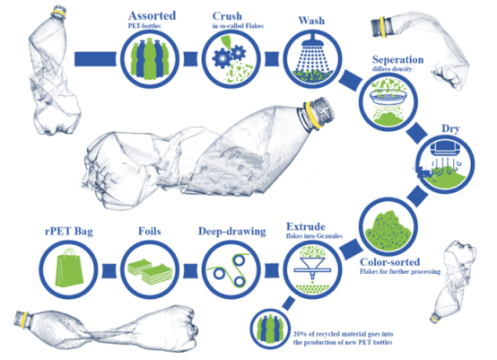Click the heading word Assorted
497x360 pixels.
click(153, 16)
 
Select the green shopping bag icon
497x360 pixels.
click(69, 268)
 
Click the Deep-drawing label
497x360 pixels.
click(232, 232)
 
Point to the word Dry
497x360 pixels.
click(450, 129)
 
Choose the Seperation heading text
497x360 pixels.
click(397, 59)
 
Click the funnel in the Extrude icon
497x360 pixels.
click(312, 267)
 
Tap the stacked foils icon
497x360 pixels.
click(150, 270)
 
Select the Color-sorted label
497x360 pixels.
click(390, 262)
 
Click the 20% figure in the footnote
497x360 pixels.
click(300, 334)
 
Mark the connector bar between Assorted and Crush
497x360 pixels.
click(190, 59)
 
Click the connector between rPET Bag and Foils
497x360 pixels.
click(109, 271)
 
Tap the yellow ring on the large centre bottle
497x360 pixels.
click(312, 116)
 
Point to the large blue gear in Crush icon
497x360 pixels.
click(222, 58)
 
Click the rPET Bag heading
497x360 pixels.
click(69, 232)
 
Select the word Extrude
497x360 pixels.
click(306, 226)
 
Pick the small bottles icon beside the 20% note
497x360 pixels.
click(270, 329)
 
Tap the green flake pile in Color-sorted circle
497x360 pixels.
click(388, 228)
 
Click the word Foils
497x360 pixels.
click(150, 232)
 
